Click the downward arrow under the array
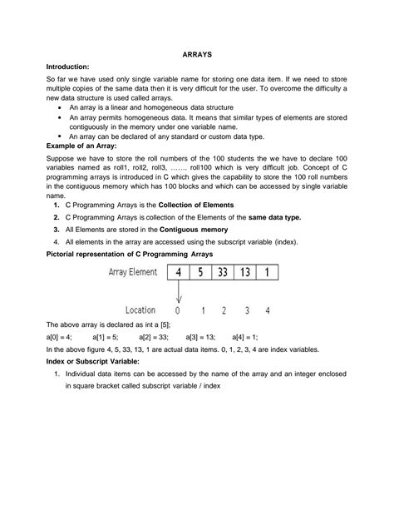click(178, 295)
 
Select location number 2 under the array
click(224, 309)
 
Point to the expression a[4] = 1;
click(248, 337)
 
